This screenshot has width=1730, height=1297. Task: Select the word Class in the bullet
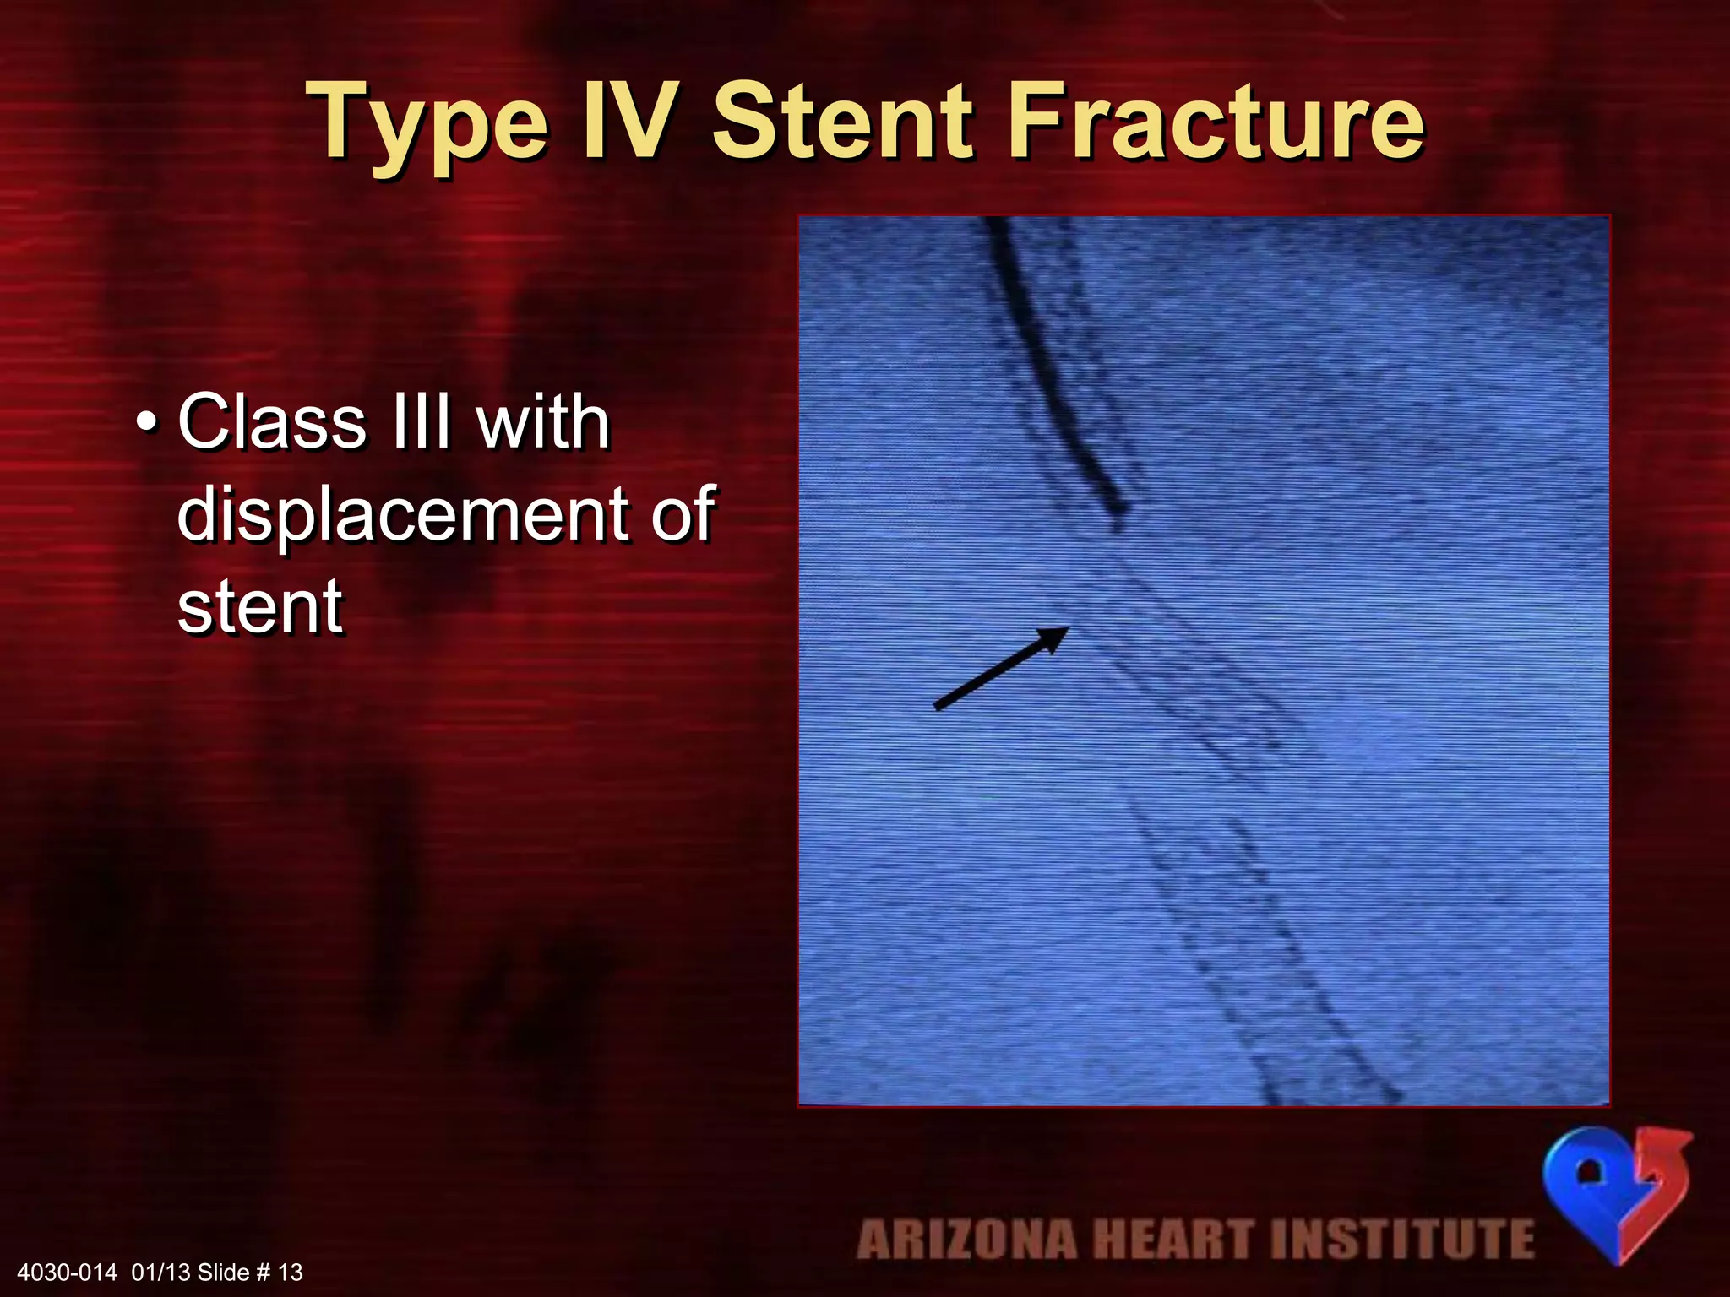click(x=273, y=421)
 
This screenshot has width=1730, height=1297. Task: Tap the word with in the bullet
click(x=542, y=421)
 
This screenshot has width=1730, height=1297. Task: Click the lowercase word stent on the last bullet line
click(x=260, y=605)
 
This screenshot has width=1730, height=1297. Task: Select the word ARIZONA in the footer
click(x=966, y=1240)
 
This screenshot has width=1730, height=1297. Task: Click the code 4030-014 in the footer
click(x=67, y=1273)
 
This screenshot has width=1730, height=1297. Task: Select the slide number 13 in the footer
click(x=291, y=1273)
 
